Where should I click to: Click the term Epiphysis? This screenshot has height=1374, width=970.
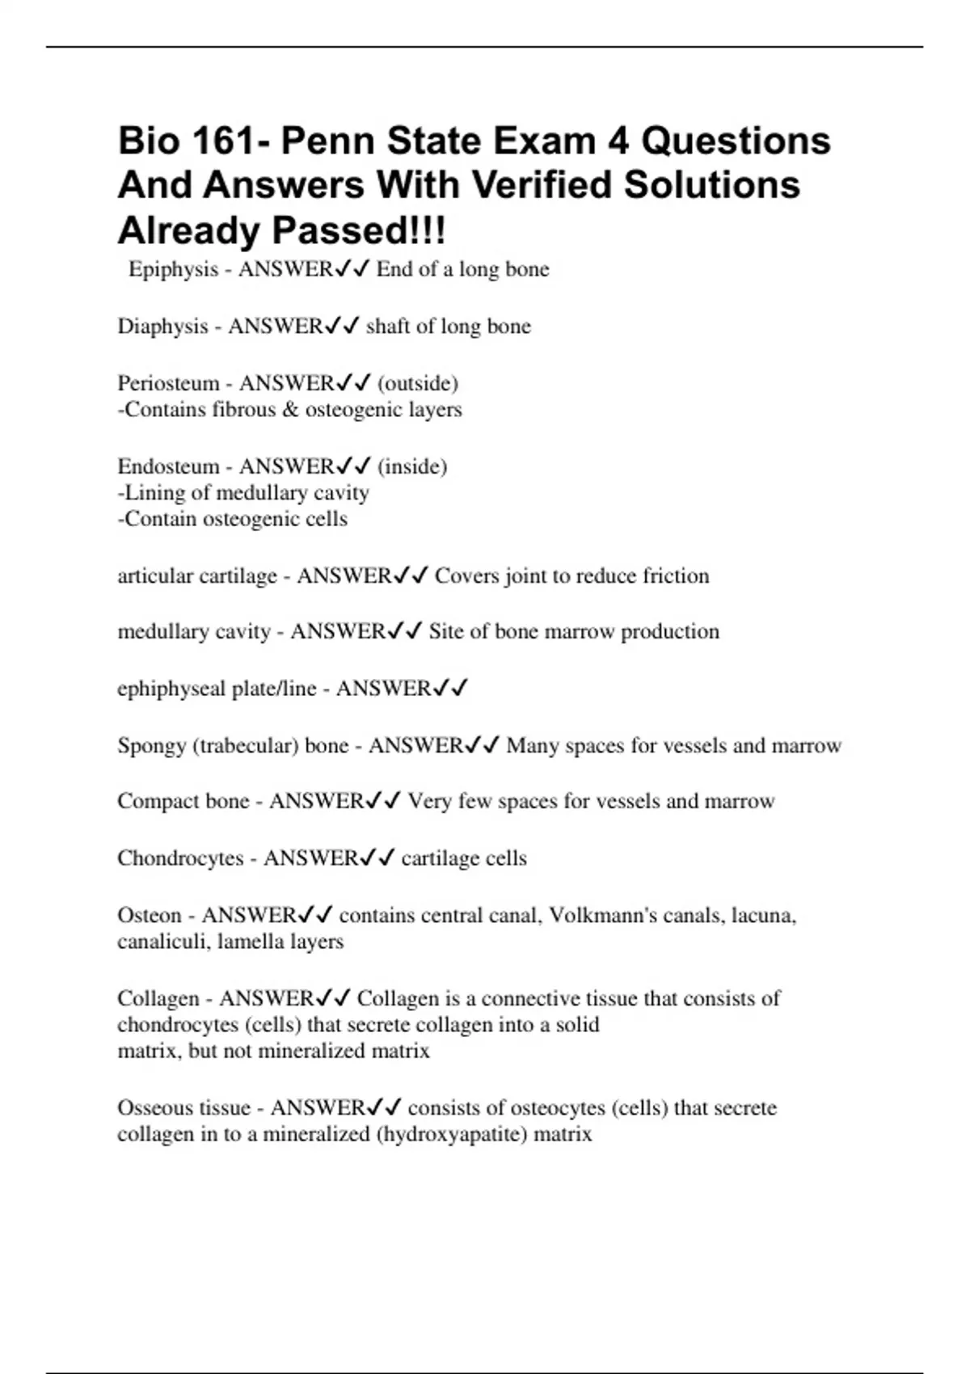tap(173, 269)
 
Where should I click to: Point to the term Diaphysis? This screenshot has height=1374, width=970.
tap(162, 327)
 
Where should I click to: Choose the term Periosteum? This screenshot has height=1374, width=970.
tap(168, 383)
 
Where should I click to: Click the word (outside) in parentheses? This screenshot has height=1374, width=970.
tap(417, 383)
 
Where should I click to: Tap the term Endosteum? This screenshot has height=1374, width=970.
tap(168, 466)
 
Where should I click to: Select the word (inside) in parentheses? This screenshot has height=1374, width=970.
tap(412, 466)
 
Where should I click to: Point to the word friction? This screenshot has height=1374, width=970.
tap(676, 575)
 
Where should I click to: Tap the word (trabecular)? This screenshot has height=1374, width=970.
tap(246, 745)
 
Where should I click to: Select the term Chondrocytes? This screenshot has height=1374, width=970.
tap(180, 858)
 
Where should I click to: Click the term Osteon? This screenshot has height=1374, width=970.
tap(150, 915)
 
